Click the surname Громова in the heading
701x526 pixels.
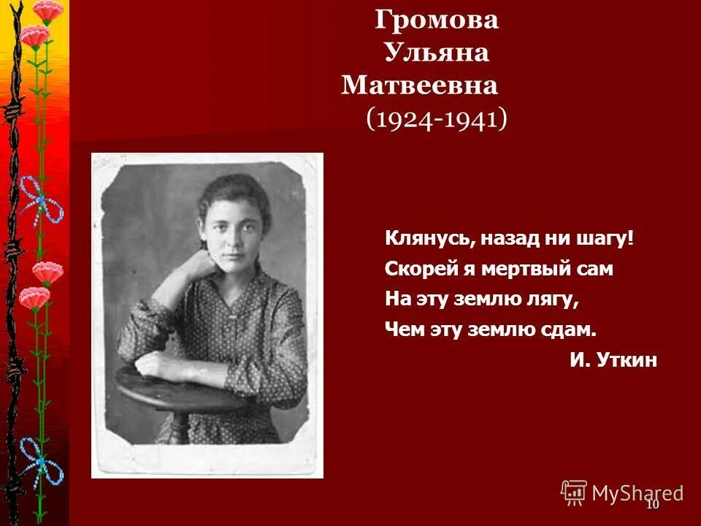tap(437, 20)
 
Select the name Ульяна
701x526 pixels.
tap(436, 53)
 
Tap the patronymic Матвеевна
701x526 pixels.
tap(419, 86)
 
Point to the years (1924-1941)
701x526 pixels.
tap(436, 119)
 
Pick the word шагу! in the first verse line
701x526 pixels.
tap(603, 238)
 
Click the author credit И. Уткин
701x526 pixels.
tap(613, 360)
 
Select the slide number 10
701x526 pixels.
tap(652, 505)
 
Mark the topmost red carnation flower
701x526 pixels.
tap(47, 10)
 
